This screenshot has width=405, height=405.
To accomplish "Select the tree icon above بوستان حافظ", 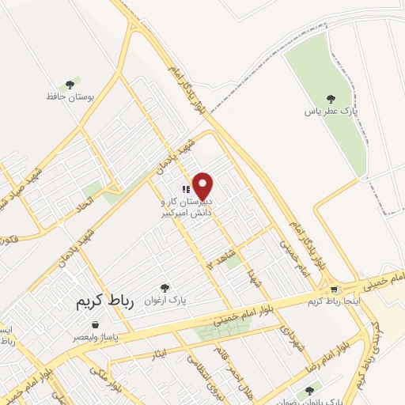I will click(70, 82).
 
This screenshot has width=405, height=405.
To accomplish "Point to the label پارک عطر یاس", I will click(332, 112).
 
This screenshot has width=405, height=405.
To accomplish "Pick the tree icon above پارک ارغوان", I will click(165, 289).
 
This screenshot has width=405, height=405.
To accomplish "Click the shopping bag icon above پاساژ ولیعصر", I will click(96, 324).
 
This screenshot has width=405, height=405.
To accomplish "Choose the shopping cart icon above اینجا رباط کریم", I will click(335, 290).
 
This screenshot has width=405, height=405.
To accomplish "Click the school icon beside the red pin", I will click(185, 189).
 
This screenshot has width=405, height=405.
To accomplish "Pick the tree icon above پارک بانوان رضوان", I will click(308, 390).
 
